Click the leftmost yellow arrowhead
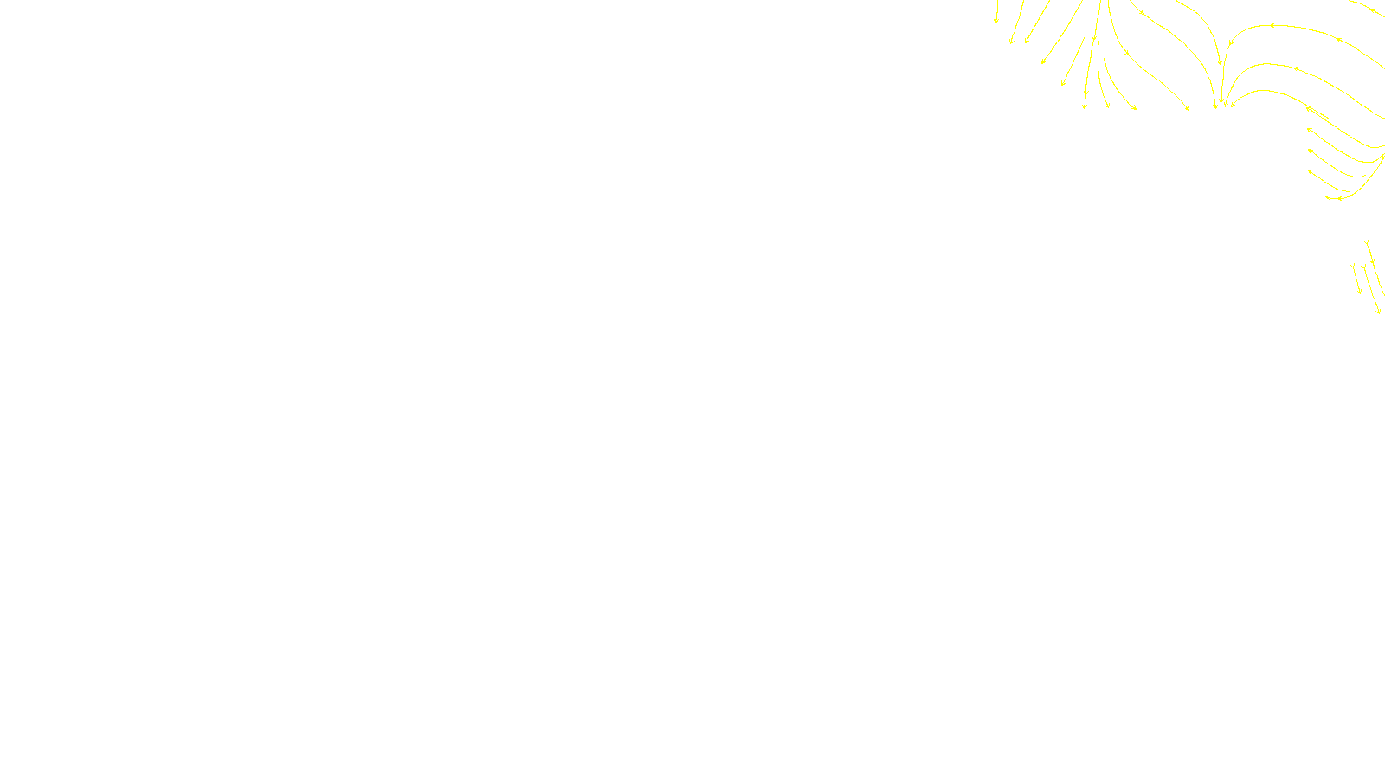point(996,20)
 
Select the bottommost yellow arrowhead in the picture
point(1378,311)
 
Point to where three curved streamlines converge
point(1221,105)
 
